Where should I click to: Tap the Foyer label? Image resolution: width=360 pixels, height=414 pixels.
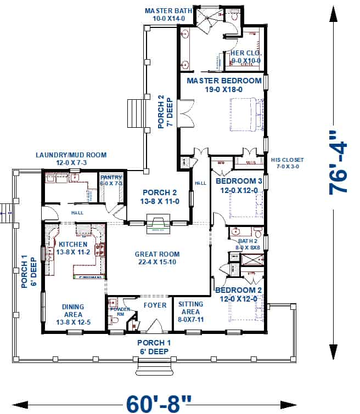coord(155,305)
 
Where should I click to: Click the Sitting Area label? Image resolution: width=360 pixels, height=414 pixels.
coord(191,308)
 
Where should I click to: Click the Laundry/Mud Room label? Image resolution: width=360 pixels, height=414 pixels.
coord(71,159)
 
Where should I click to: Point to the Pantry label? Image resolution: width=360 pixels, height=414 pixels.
coord(111,180)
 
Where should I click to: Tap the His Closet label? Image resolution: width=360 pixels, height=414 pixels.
coord(287,163)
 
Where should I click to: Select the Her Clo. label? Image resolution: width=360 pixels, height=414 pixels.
coord(245,56)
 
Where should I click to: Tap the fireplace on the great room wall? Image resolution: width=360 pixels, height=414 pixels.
coord(158,224)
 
